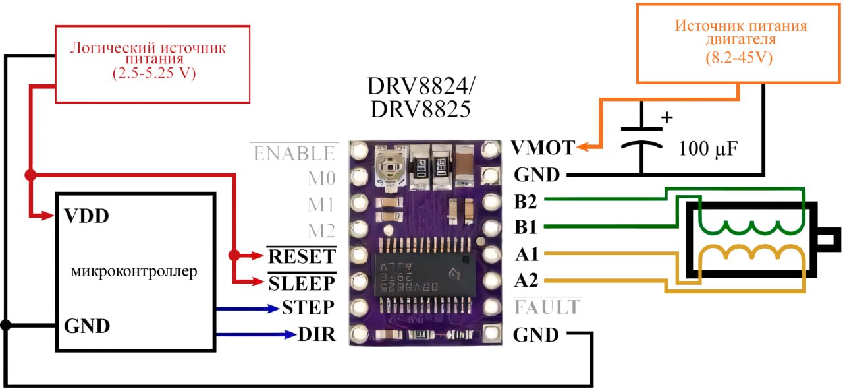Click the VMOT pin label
pos(543,148)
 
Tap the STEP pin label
pos(308,308)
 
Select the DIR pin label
pos(317,334)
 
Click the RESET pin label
pos(302,255)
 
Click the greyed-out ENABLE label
pos(294,154)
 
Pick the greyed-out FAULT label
pos(547,307)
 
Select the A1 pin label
pos(526,254)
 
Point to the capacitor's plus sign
pos(666,118)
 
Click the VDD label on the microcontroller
pos(86,216)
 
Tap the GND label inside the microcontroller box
pos(87,326)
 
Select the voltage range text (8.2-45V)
pos(741,58)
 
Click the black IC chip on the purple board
pos(422,276)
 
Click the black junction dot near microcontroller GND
pos(6,325)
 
